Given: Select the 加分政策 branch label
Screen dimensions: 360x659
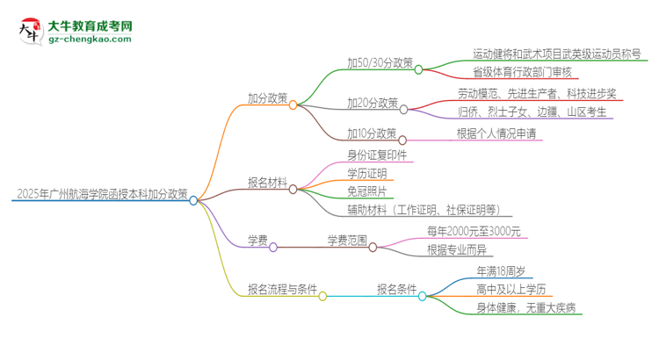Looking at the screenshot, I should click(x=268, y=99).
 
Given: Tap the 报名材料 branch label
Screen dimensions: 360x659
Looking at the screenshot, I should click(x=268, y=183).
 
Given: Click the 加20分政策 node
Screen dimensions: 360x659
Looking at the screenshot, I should click(x=372, y=103).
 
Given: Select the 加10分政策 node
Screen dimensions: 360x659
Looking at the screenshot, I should click(x=372, y=133).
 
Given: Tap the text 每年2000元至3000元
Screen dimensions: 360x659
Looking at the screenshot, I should click(x=474, y=231).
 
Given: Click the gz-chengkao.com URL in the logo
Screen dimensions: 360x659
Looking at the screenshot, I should click(x=92, y=40).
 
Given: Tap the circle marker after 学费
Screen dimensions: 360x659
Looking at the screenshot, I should click(x=273, y=248).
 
